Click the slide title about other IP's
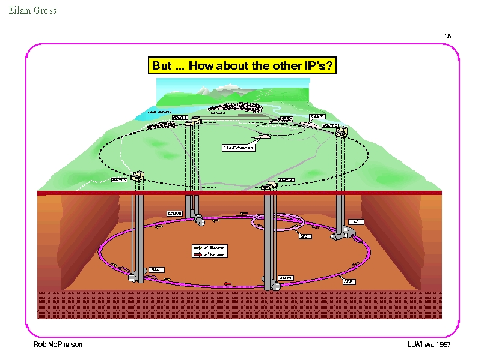click(242, 65)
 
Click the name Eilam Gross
click(32, 10)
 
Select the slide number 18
click(447, 36)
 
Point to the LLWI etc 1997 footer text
click(429, 344)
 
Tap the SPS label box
click(305, 236)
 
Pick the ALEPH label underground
click(286, 278)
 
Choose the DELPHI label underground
click(174, 213)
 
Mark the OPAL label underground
click(156, 270)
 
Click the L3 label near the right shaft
click(355, 221)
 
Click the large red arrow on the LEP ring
click(227, 284)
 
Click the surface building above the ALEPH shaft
click(269, 183)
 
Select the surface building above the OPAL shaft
click(136, 176)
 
